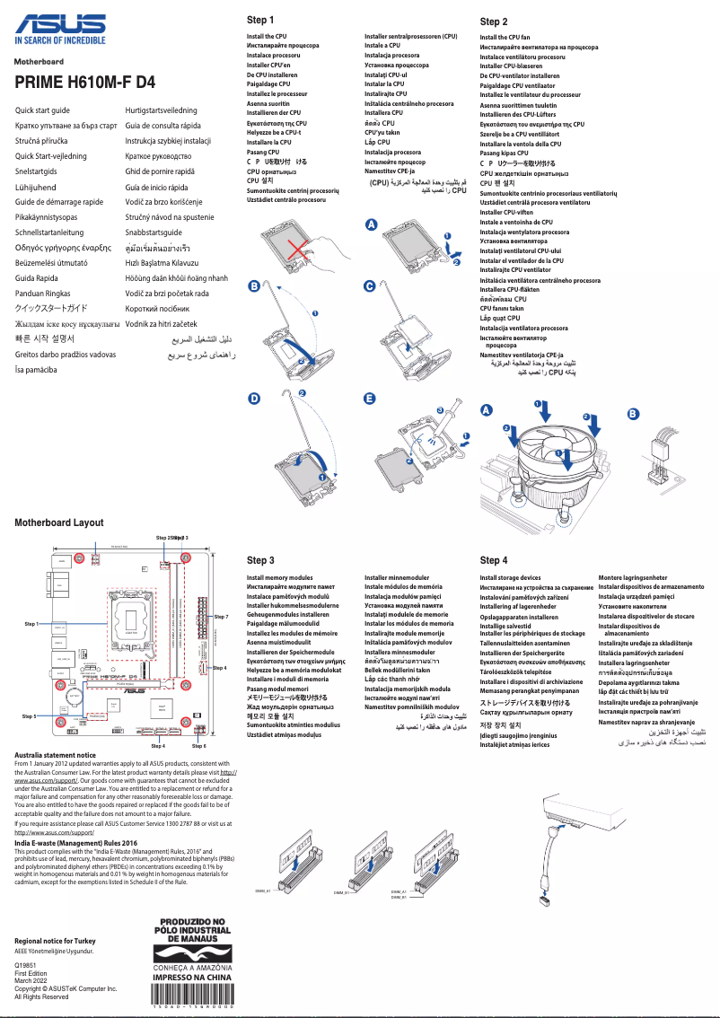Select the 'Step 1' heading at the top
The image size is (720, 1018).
[260, 20]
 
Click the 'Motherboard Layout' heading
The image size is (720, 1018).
[59, 522]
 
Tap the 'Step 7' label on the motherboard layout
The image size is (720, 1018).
[221, 617]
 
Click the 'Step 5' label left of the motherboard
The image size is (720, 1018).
[29, 716]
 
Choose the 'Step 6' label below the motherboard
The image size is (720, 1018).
[199, 746]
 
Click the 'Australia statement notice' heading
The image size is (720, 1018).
[55, 756]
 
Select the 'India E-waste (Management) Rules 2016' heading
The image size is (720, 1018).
[75, 843]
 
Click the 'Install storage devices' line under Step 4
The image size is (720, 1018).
[510, 578]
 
